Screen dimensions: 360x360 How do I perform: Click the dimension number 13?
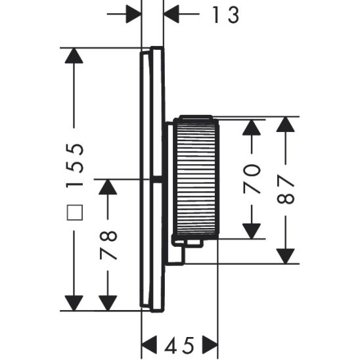click(224, 16)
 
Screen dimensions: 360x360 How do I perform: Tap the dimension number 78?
click(108, 244)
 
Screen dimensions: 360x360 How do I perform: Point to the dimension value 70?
click(253, 178)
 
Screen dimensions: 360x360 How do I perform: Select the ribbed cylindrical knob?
click(194, 177)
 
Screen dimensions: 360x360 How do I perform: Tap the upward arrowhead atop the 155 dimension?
click(74, 56)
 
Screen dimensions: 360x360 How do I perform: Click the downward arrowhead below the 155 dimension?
click(74, 302)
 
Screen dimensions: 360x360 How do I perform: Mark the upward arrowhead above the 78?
click(108, 187)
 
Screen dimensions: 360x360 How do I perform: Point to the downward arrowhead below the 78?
click(108, 302)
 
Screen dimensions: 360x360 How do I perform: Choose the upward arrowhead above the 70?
click(252, 126)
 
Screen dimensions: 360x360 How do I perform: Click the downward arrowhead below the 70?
click(252, 230)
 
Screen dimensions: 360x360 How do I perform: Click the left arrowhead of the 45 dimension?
click(150, 343)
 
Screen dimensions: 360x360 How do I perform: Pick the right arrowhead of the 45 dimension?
click(209, 343)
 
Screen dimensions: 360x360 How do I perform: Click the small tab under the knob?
click(192, 244)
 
